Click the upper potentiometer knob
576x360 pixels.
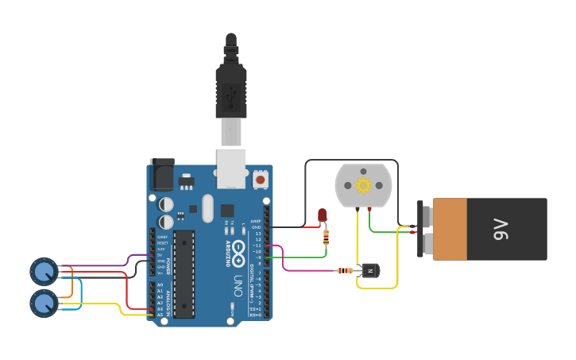coord(43,272)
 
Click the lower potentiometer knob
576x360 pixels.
coord(43,302)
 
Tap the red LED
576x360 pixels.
coord(322,215)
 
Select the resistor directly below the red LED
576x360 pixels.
coord(325,236)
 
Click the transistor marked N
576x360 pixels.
coord(369,270)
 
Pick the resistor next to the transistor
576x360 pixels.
coord(345,270)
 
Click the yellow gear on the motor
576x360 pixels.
coord(363,185)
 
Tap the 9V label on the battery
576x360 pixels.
coord(501,230)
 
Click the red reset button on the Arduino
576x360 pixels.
coord(261,180)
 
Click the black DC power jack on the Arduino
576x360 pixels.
coord(161,174)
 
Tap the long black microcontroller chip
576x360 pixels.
coord(184,274)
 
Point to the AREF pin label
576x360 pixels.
coord(256,221)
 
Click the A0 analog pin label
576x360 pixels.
coord(160,285)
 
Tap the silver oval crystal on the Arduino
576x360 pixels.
coord(208,208)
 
